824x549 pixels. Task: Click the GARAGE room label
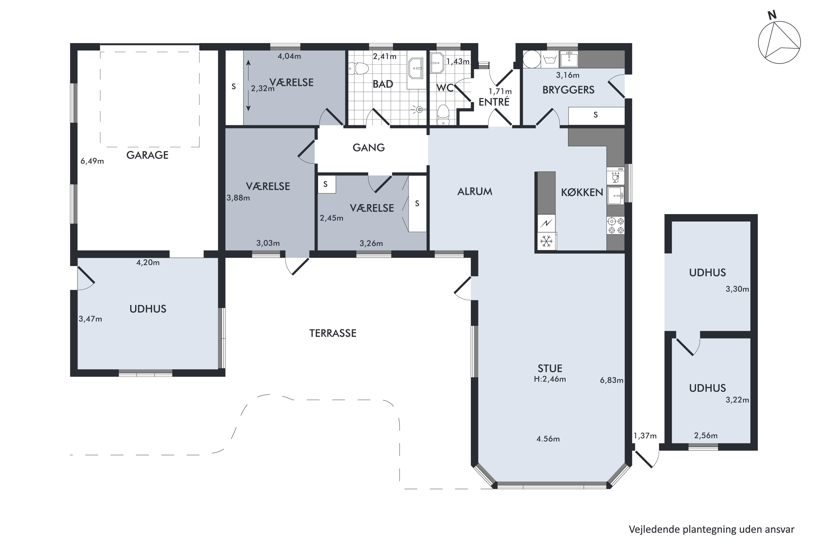[147, 155]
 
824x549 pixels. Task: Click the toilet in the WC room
[443, 114]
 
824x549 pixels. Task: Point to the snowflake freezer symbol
[546, 241]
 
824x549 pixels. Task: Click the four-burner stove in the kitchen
[616, 225]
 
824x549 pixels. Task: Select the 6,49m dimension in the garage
[92, 161]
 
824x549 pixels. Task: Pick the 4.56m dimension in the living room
[548, 439]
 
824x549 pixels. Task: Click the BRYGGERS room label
[568, 90]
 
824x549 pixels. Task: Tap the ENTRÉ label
[494, 102]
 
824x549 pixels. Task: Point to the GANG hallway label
[369, 147]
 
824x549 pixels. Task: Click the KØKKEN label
[582, 192]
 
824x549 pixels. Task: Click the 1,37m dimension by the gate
[645, 436]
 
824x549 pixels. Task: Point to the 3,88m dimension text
[238, 198]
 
